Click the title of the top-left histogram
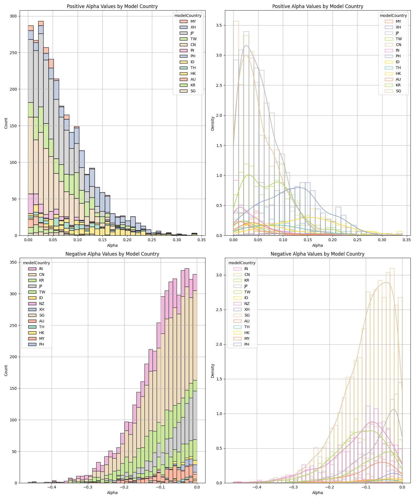point(112,6)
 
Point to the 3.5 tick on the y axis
point(221,25)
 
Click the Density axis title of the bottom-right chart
point(213,371)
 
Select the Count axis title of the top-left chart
point(6,123)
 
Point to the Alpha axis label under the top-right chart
point(318,245)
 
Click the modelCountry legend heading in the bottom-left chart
point(37,263)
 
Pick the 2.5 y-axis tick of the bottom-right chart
point(221,310)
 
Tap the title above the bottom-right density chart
point(318,254)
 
